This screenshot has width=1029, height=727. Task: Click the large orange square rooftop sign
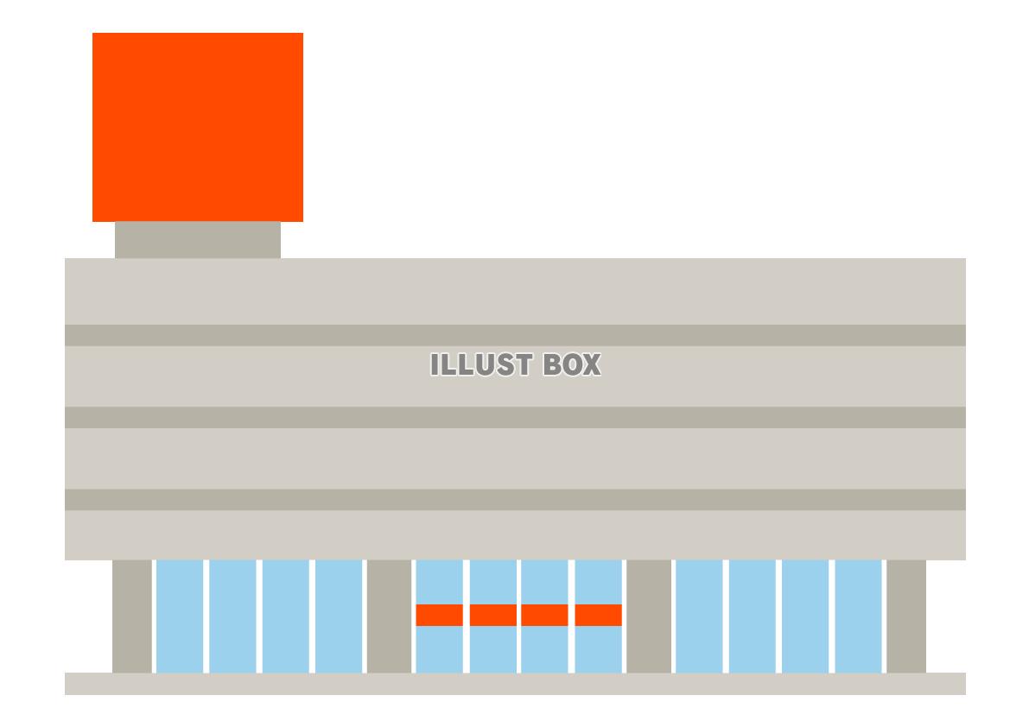click(198, 127)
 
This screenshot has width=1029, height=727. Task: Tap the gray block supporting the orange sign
click(198, 240)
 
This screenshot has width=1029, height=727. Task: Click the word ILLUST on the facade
click(481, 364)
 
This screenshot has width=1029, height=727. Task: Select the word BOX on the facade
click(572, 364)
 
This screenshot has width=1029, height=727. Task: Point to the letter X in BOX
click(591, 364)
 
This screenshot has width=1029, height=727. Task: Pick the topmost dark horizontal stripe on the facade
click(515, 335)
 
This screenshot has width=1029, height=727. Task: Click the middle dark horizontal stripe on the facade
click(515, 418)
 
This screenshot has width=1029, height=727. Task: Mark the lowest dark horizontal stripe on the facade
click(515, 500)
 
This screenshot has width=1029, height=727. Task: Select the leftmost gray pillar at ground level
click(132, 616)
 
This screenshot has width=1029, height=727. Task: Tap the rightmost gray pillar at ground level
click(906, 616)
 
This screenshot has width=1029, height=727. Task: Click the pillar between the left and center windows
click(389, 616)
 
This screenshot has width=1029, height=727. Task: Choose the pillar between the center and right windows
click(649, 616)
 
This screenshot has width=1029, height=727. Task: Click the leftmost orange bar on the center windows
click(440, 615)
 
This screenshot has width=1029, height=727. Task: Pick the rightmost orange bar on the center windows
click(599, 615)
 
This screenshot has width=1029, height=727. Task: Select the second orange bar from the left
click(492, 615)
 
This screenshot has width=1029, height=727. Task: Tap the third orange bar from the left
click(544, 615)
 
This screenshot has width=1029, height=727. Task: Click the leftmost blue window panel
click(180, 616)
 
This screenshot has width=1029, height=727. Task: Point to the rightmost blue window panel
click(859, 616)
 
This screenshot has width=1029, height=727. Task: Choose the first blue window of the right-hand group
click(700, 616)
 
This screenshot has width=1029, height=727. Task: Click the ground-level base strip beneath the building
click(515, 684)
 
